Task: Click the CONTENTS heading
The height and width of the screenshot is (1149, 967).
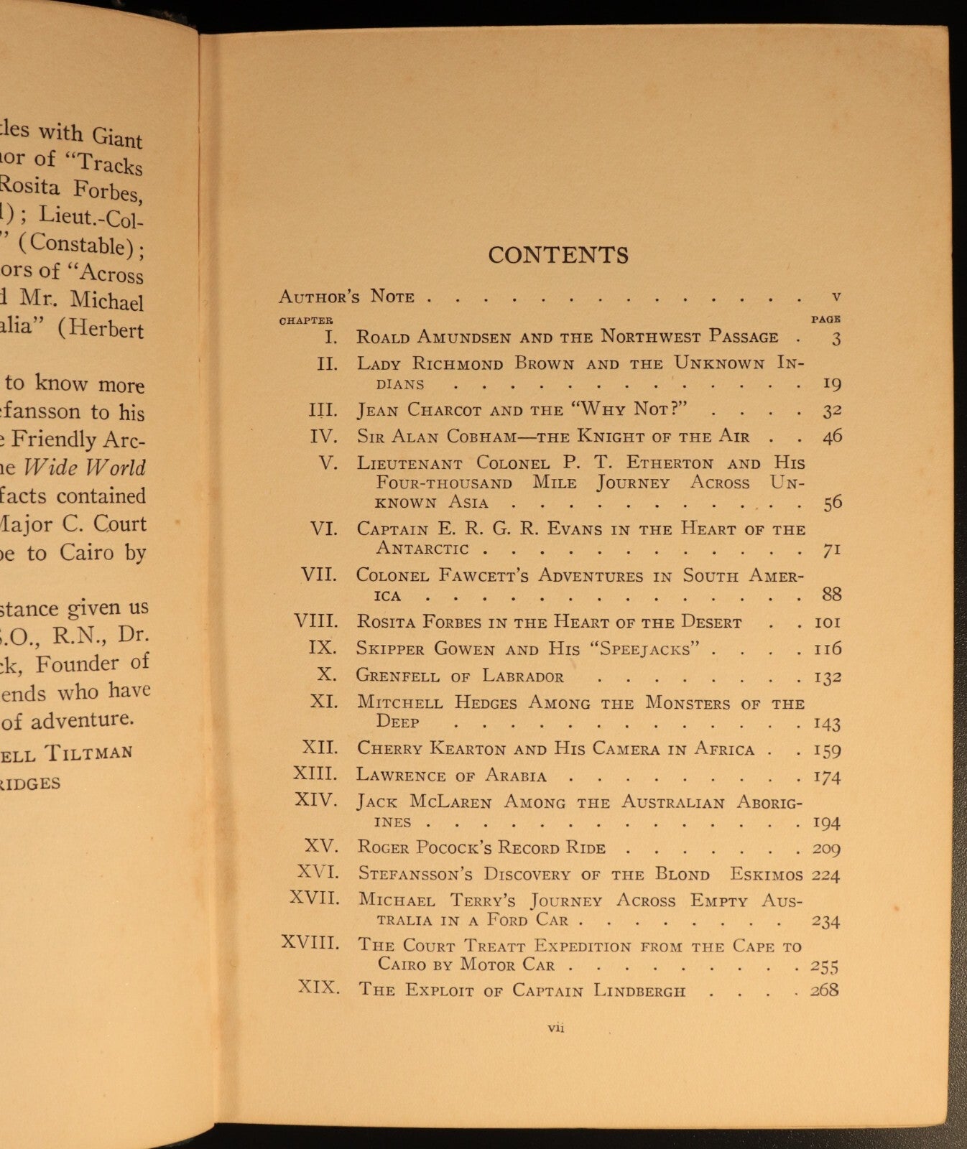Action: pyautogui.click(x=558, y=255)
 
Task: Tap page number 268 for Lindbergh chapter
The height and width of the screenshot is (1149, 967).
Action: pyautogui.click(x=825, y=990)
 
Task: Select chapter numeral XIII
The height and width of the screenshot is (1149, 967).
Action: pyautogui.click(x=315, y=773)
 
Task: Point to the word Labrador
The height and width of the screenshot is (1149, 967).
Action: pyautogui.click(x=523, y=676)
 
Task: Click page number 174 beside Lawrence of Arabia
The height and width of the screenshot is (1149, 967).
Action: pyautogui.click(x=826, y=776)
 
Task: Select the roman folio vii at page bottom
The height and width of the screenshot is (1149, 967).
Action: pyautogui.click(x=556, y=1028)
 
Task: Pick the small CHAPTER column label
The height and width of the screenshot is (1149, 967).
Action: pyautogui.click(x=306, y=320)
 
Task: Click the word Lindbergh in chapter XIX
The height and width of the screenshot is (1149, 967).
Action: pyautogui.click(x=639, y=991)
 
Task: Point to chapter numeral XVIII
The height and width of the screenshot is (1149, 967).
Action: pyautogui.click(x=310, y=943)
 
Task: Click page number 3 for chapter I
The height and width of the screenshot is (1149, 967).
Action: pyautogui.click(x=836, y=338)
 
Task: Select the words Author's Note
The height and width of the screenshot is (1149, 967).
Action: pyautogui.click(x=346, y=297)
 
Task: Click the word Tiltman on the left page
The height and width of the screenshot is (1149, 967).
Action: pyautogui.click(x=88, y=753)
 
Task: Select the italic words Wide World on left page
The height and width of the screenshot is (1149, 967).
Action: pyautogui.click(x=85, y=467)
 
